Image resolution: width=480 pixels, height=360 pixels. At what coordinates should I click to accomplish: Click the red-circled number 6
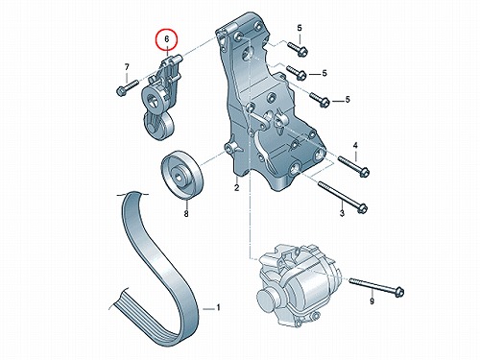tap(166, 39)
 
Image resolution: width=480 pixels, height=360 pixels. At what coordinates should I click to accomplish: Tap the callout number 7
tap(127, 67)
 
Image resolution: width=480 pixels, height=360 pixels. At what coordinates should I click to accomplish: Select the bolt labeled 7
tap(127, 87)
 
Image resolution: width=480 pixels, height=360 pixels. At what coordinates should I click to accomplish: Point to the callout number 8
tap(186, 213)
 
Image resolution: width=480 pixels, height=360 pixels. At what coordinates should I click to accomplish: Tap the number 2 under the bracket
tap(236, 188)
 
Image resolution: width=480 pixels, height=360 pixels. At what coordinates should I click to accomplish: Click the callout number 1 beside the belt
tap(218, 308)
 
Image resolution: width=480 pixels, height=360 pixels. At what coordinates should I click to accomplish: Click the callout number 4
tap(355, 146)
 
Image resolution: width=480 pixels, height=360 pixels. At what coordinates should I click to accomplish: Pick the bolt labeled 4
tap(354, 165)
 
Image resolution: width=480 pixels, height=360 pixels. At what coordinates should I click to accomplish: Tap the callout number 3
tap(342, 213)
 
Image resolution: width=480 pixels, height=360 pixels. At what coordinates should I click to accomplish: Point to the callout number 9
tap(372, 301)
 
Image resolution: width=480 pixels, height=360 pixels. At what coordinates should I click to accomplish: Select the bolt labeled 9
tap(376, 286)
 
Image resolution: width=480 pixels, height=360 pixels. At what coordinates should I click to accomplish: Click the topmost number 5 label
tap(300, 28)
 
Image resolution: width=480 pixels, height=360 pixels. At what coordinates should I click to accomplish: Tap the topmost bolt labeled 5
tap(298, 49)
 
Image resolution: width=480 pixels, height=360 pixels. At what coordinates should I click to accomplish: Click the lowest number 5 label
tap(348, 100)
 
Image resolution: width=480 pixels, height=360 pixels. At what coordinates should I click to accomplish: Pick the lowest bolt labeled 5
tap(320, 99)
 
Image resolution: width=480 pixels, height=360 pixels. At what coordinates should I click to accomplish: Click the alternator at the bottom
tap(300, 285)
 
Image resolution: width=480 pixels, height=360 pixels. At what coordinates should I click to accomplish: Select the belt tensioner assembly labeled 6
tap(161, 98)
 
